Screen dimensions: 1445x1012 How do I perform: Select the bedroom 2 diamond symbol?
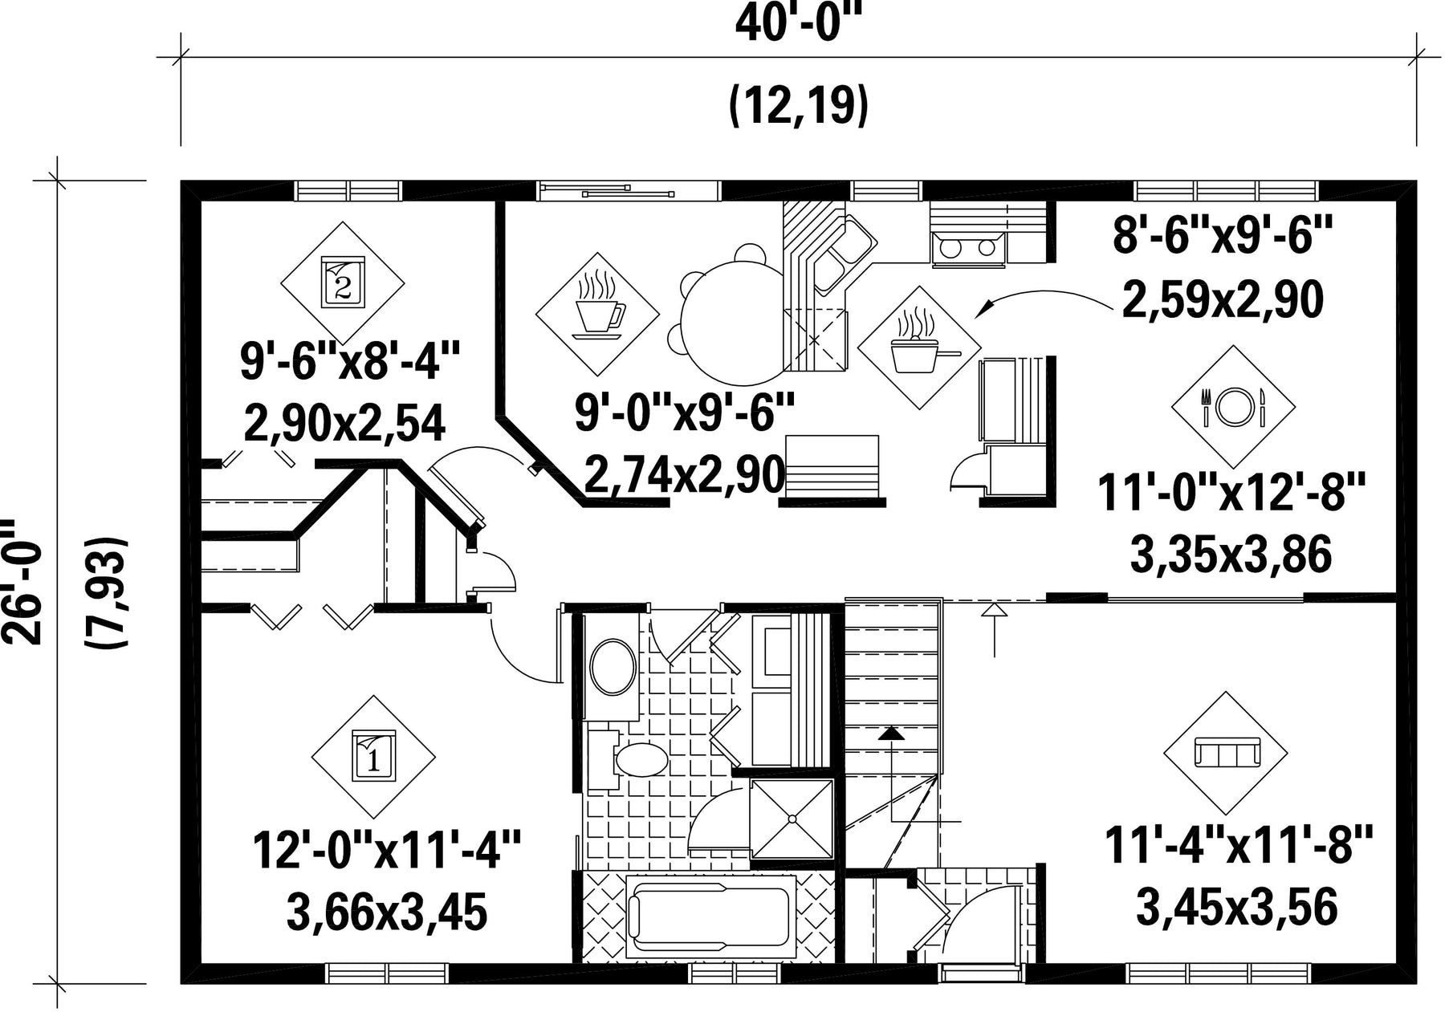click(x=342, y=282)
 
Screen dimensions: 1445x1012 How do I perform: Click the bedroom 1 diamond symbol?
click(x=372, y=757)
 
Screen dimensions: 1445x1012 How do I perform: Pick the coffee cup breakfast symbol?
click(x=597, y=314)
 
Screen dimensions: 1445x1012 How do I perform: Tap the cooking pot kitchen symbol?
click(x=919, y=348)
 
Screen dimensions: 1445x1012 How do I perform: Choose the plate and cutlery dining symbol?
click(x=1233, y=408)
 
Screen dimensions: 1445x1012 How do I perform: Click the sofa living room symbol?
click(x=1226, y=754)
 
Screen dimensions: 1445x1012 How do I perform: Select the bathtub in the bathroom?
click(x=711, y=917)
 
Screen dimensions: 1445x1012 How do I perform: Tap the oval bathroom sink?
click(x=613, y=666)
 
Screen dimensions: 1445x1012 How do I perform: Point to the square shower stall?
click(x=792, y=819)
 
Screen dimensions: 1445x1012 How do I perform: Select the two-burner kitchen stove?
click(x=968, y=246)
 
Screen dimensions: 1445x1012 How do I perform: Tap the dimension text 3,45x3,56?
click(x=1237, y=907)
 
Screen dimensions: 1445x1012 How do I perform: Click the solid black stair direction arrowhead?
click(x=890, y=733)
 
